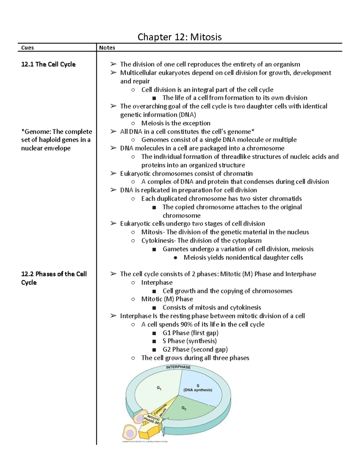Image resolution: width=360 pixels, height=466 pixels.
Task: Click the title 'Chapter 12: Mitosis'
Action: [x=179, y=37]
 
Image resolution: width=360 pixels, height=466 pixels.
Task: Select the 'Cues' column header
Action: [x=27, y=48]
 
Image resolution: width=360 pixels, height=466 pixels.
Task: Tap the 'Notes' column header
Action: [x=107, y=48]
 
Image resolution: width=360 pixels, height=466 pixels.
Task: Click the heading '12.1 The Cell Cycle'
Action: [x=48, y=64]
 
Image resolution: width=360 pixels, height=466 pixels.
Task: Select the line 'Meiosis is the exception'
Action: [x=175, y=123]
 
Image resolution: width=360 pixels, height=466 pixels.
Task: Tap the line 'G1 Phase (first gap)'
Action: [x=190, y=333]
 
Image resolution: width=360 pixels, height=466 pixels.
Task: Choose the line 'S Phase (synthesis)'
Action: [x=190, y=341]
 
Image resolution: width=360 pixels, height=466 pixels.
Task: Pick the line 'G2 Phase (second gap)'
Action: [x=195, y=349]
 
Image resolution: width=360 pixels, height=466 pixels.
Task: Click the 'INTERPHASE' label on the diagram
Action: [x=178, y=367]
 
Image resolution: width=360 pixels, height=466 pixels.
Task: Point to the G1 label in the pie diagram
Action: [x=159, y=388]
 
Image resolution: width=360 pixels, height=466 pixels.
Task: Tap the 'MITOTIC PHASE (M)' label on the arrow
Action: [x=152, y=419]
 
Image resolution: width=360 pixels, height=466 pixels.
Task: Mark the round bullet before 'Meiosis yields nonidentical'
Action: [x=175, y=257]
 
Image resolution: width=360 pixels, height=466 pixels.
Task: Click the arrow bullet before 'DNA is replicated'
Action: [x=113, y=190]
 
